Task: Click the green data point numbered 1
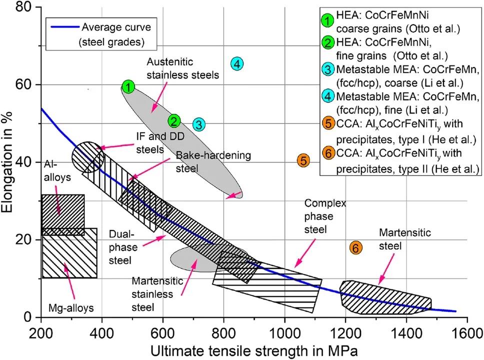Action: click(128, 87)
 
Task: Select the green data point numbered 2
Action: click(174, 121)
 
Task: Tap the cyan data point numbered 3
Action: click(198, 124)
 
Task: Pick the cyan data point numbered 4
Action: click(237, 63)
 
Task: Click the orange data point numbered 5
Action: click(303, 160)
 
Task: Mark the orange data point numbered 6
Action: click(355, 247)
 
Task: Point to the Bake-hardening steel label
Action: click(213, 160)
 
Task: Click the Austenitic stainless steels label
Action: click(183, 68)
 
